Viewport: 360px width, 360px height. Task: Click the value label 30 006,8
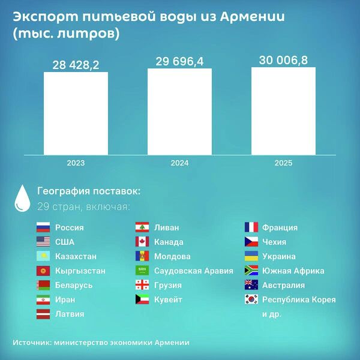[x=283, y=60]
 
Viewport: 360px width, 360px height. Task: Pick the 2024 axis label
[x=179, y=163]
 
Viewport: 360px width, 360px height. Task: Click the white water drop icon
[x=22, y=197]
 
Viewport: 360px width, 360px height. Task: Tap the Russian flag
[x=43, y=227]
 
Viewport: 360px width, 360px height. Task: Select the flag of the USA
[x=43, y=242]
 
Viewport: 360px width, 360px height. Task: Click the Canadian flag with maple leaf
[x=142, y=242]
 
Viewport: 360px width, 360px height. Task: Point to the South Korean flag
[x=251, y=299]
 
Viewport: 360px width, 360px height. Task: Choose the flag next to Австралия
[x=251, y=285]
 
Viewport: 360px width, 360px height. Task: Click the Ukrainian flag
[x=251, y=256]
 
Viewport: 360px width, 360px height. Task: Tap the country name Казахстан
[x=76, y=256]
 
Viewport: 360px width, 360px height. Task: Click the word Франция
[x=280, y=227]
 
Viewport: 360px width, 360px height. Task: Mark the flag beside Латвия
[x=43, y=314]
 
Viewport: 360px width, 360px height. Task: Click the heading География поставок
[x=89, y=191]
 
